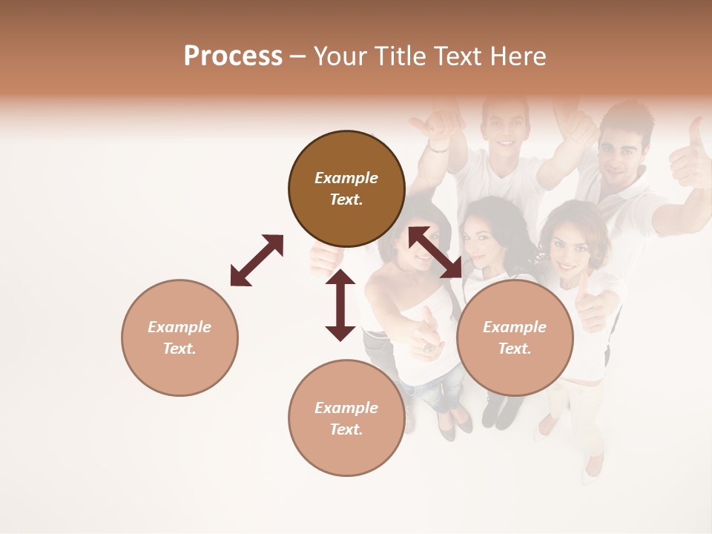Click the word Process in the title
233,56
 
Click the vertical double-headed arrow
340,305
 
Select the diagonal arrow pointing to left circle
257,260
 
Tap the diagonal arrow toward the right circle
435,253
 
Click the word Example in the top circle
346,178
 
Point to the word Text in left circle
179,349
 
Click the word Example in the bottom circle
346,408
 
